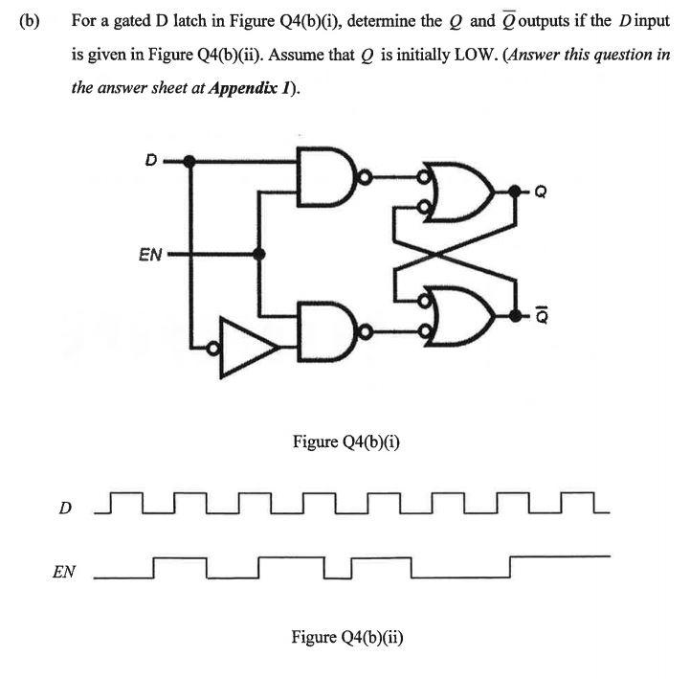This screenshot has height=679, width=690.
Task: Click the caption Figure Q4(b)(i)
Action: click(x=345, y=441)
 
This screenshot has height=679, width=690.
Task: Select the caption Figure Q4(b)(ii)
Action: click(x=346, y=636)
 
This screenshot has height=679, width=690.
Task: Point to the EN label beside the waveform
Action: click(x=64, y=573)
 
